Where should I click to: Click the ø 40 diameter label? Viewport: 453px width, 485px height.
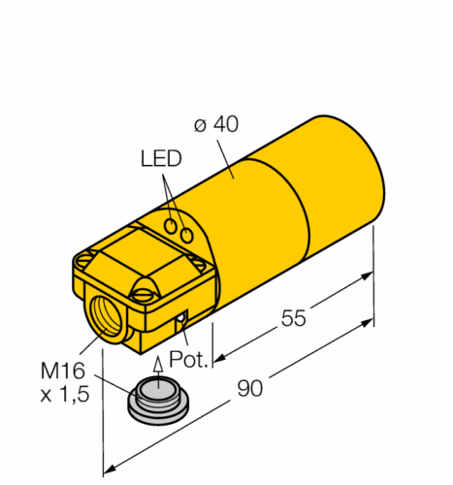[x=216, y=124]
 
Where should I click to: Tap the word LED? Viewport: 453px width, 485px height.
[x=161, y=158]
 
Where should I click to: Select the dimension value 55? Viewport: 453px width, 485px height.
[x=293, y=318]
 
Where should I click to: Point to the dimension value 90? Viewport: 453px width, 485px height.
[x=249, y=388]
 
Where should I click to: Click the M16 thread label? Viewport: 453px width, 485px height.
[x=62, y=371]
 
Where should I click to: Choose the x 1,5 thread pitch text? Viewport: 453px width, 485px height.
[x=65, y=395]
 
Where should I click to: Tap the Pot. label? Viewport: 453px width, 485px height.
[x=189, y=359]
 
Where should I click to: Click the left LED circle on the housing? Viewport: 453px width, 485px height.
[x=171, y=226]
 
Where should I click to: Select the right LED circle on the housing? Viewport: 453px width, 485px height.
[x=186, y=236]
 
